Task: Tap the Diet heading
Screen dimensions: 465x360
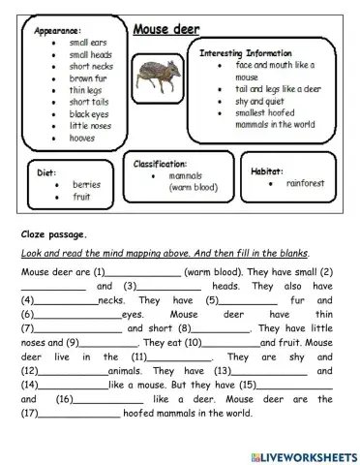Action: coord(46,171)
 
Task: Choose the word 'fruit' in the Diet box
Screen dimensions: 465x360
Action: coord(80,196)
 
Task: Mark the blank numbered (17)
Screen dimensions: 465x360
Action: coord(77,414)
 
